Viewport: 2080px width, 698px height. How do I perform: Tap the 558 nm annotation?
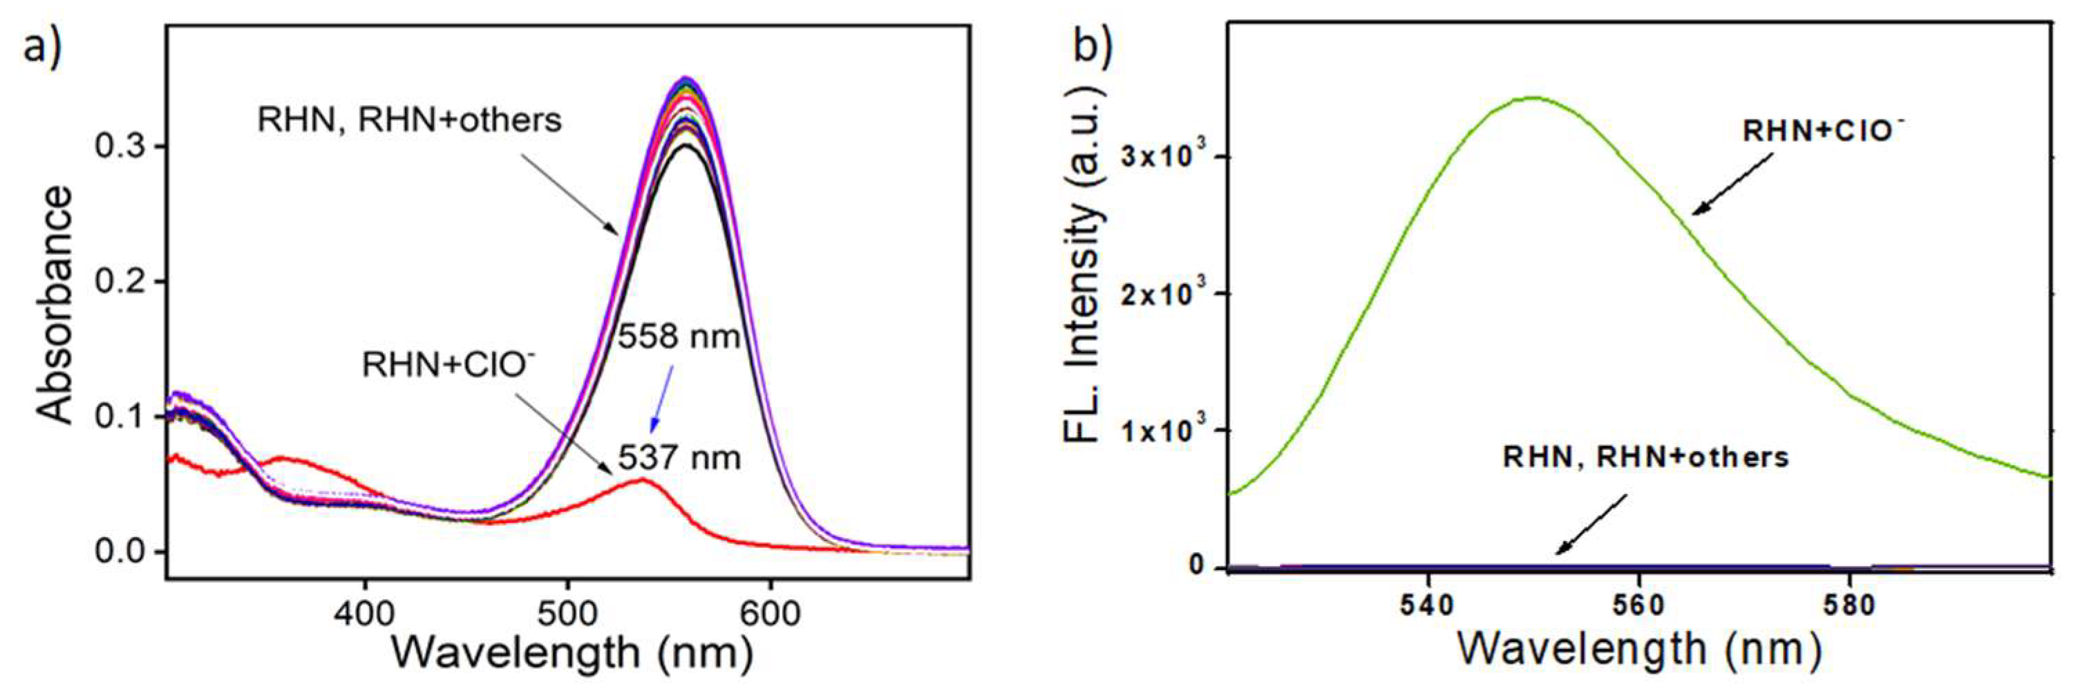pos(679,336)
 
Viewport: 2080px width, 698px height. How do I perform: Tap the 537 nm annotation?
pos(679,458)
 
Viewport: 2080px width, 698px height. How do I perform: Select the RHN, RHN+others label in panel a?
pos(408,120)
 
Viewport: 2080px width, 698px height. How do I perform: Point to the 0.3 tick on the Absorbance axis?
pos(121,147)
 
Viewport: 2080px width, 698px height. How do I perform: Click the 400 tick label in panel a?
pos(365,614)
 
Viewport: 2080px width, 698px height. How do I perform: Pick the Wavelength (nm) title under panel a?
pos(571,653)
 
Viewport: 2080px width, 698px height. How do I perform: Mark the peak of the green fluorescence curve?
pos(1533,97)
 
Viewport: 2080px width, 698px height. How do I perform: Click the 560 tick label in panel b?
pos(1639,606)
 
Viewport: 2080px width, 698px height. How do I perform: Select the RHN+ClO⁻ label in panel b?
pos(1822,130)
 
